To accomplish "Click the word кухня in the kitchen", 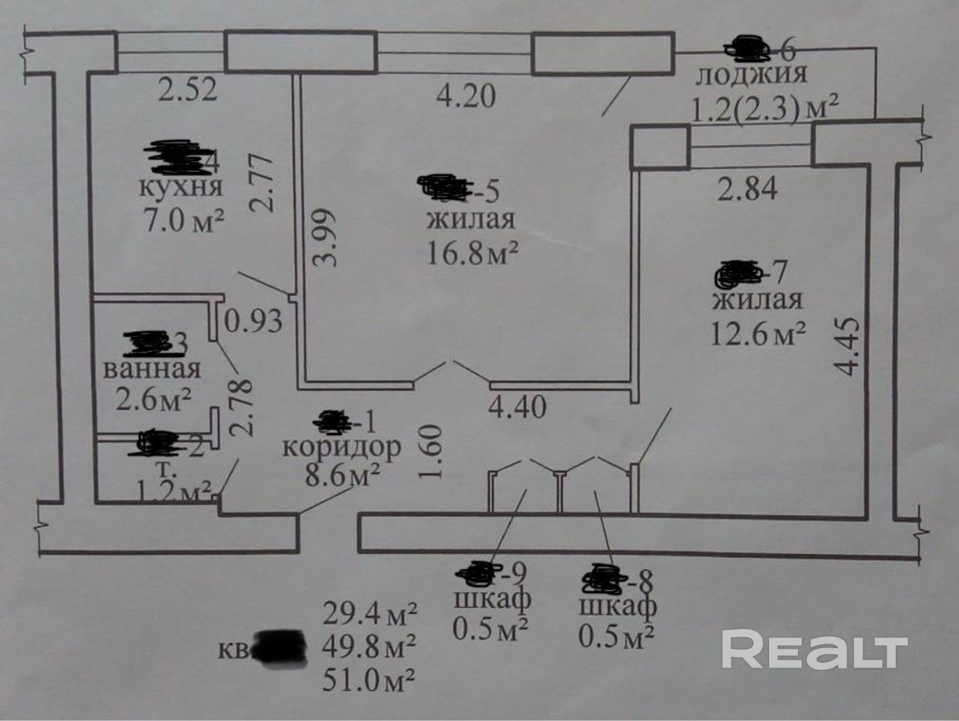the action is pos(181,188).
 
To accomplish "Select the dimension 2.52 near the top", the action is pos(187,90).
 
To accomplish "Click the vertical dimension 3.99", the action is pos(326,237).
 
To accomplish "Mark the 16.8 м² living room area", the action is pos(472,254).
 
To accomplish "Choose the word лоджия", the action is pos(751,75).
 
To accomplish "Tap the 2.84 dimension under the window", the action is pos(747,189).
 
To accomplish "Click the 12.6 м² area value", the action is pos(757,334).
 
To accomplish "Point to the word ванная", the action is pos(152,369).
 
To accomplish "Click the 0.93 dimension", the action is pos(253,321).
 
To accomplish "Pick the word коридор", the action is pos(341,447).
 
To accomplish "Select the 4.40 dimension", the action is pos(517,407).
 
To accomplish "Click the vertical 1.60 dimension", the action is pos(430,452).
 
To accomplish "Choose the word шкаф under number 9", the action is pos(492,599).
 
